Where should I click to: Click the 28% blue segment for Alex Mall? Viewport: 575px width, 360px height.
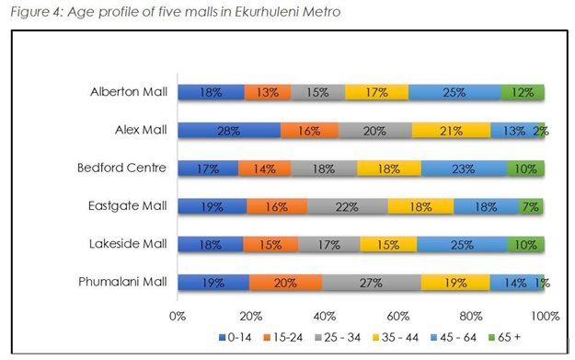[x=229, y=131]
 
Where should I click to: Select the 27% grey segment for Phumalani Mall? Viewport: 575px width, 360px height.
[x=372, y=283]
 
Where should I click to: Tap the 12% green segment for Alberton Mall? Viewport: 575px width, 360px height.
[x=523, y=92]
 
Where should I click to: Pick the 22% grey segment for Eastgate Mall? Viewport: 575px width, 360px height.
[x=348, y=206]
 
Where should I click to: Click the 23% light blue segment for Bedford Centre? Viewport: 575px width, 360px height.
[x=465, y=168]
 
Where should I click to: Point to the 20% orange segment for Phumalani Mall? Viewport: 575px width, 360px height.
[x=285, y=283]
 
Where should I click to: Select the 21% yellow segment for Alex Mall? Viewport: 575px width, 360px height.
[x=451, y=131]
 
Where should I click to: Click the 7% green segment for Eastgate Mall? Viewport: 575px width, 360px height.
[x=532, y=206]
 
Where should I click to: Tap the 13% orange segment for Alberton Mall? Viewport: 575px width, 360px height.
[x=268, y=92]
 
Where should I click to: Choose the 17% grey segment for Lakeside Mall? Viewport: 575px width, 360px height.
[x=329, y=245]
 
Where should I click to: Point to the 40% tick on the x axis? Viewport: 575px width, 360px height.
[x=325, y=316]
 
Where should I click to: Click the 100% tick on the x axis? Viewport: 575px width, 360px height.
[x=544, y=316]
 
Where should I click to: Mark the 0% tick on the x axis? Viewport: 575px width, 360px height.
[x=178, y=316]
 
